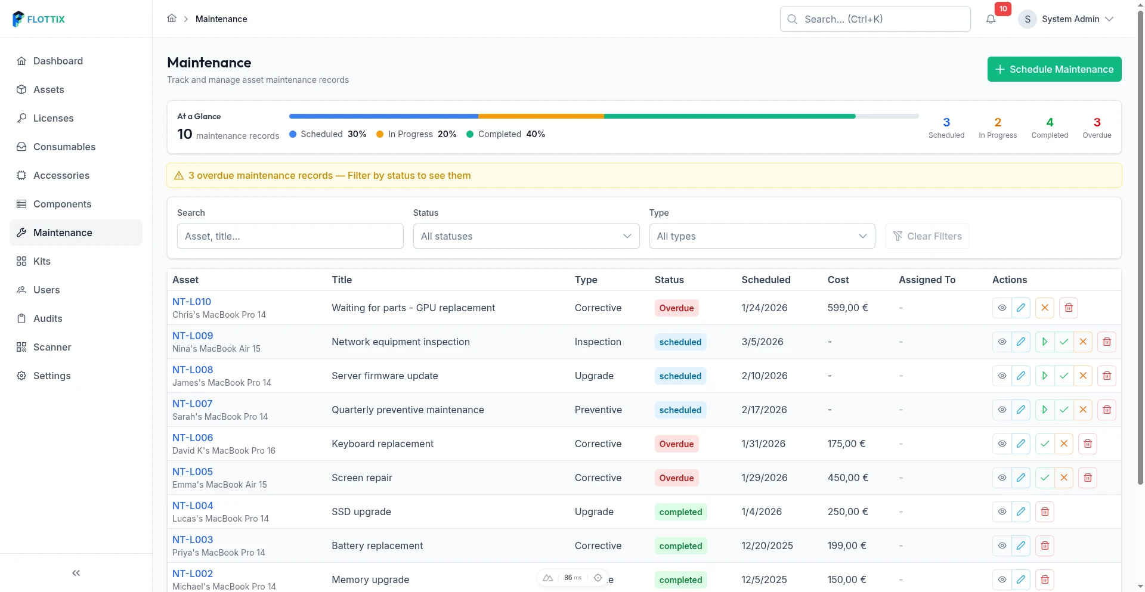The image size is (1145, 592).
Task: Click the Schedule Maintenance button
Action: click(1054, 69)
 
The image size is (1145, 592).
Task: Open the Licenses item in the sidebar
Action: click(53, 118)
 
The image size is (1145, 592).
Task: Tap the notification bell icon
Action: click(991, 19)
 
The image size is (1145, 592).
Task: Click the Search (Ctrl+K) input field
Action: click(875, 19)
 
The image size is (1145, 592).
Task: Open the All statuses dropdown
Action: click(526, 236)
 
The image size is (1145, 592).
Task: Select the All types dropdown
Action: click(762, 236)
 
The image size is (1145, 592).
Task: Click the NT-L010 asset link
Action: click(191, 302)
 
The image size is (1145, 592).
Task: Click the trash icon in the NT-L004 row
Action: click(1044, 512)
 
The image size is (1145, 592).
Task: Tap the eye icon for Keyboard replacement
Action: click(1002, 444)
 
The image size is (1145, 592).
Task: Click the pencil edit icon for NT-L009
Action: click(1020, 342)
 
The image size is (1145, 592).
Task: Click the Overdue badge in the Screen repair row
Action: click(676, 478)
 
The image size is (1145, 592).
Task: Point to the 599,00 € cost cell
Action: click(847, 308)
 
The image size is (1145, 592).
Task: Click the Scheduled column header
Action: click(766, 280)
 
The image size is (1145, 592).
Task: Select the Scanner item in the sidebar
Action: click(52, 347)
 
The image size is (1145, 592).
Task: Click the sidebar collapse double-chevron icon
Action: click(76, 573)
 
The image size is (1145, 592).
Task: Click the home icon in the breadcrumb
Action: click(172, 18)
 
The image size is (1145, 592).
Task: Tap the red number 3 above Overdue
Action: click(1097, 122)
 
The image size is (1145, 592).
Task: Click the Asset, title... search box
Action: click(290, 236)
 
